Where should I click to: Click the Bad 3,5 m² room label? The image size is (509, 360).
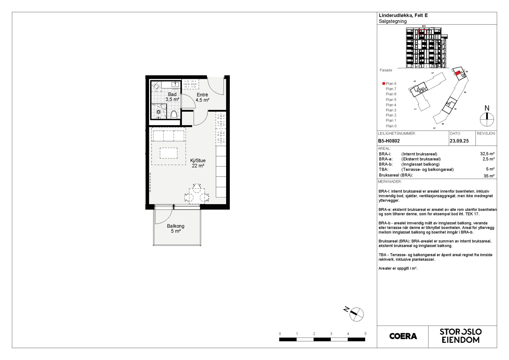[x=172, y=97]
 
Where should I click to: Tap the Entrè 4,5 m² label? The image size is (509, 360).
[x=202, y=97]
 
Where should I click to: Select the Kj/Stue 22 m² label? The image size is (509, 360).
[x=198, y=163]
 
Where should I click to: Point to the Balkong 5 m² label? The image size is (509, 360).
[x=176, y=228]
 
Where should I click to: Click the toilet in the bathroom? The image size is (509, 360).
[x=174, y=114]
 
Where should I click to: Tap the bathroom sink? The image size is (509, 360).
[x=175, y=84]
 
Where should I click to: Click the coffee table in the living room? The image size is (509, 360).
[x=169, y=153]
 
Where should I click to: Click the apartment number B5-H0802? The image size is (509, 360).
[x=389, y=141]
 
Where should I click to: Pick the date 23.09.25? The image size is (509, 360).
[x=459, y=141]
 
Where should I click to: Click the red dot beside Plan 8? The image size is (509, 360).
[x=384, y=84]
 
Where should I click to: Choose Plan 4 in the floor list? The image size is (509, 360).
[x=391, y=105]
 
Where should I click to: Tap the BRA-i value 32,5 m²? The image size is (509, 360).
[x=487, y=154]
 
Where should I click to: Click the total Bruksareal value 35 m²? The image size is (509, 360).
[x=489, y=176]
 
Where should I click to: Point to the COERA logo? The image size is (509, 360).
[x=403, y=336]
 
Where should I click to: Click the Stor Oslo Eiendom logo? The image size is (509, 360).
[x=461, y=336]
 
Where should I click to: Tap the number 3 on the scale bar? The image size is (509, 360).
[x=331, y=334]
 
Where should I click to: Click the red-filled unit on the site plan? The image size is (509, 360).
[x=458, y=73]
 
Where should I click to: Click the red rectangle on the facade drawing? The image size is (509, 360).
[x=422, y=32]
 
